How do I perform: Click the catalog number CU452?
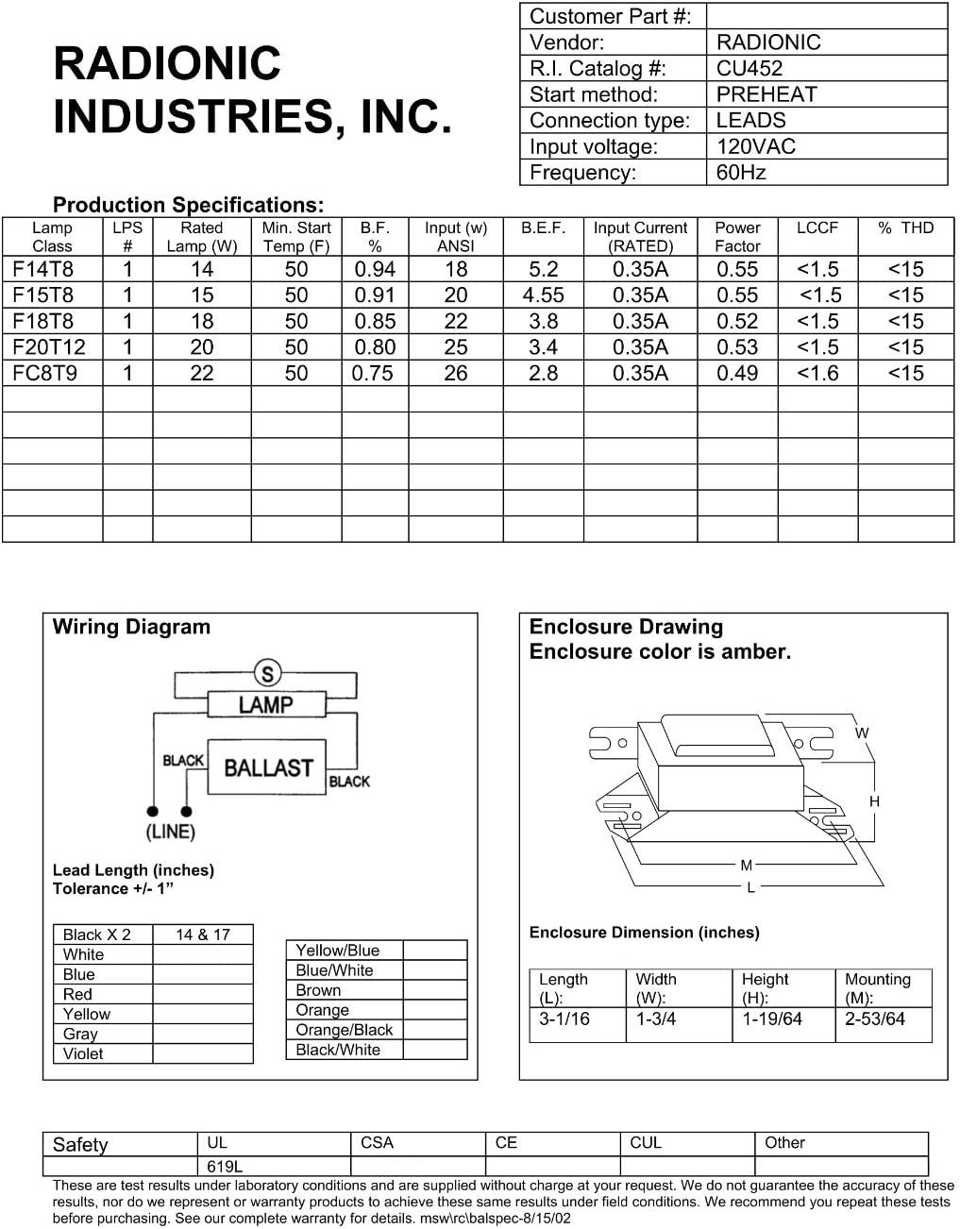point(749,68)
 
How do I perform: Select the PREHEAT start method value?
point(766,94)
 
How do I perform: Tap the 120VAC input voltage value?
point(755,146)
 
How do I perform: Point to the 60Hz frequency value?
point(741,173)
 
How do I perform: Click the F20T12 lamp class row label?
point(49,347)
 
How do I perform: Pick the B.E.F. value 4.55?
point(544,295)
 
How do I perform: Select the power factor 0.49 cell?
point(737,374)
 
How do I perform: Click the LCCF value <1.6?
point(817,374)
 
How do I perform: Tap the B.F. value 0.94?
point(375,269)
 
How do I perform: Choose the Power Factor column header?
point(737,237)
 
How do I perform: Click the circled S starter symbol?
point(268,674)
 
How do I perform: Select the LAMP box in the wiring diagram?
point(265,704)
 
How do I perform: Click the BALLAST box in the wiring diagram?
point(267,767)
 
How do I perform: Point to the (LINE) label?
point(171,832)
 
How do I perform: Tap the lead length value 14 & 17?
point(203,934)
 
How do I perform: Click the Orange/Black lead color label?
point(344,1030)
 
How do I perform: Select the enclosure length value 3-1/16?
point(564,1019)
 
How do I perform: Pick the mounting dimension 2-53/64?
point(875,1019)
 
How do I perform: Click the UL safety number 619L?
point(225,1166)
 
